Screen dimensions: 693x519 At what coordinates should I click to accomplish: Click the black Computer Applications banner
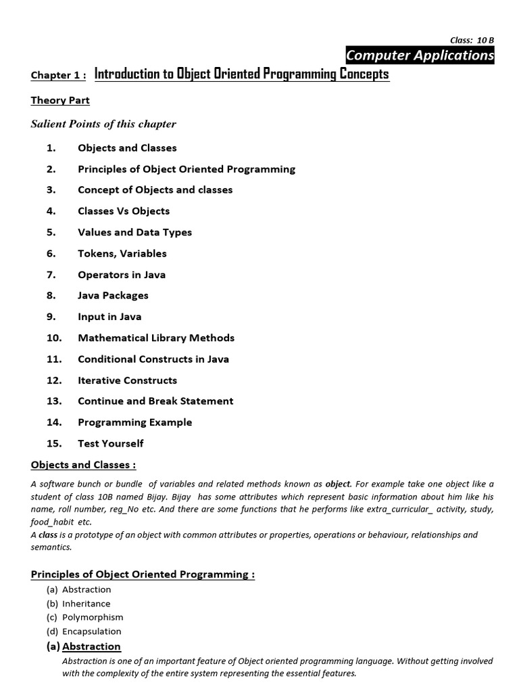point(420,55)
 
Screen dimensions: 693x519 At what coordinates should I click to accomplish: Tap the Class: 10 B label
point(472,40)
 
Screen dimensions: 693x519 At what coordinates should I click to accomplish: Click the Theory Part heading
point(60,100)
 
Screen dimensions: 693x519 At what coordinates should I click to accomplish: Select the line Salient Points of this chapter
point(103,124)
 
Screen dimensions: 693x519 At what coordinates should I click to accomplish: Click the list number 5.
point(51,232)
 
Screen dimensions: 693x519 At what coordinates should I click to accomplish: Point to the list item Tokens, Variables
point(122,253)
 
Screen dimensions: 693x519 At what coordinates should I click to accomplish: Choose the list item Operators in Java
point(122,275)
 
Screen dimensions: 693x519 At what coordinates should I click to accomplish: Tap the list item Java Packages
point(113,295)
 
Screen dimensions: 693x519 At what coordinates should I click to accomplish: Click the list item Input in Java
point(109,317)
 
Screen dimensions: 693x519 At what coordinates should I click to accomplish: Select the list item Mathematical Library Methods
point(156,338)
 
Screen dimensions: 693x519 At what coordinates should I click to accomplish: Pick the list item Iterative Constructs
point(127,380)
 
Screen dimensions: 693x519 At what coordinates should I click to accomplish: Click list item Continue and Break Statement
point(155,401)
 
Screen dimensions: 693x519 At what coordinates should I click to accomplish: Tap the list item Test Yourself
point(110,443)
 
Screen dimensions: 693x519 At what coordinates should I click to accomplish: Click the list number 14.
point(54,422)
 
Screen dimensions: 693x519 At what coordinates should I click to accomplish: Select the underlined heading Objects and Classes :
point(83,464)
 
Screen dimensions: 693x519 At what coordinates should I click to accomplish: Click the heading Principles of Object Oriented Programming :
point(143,575)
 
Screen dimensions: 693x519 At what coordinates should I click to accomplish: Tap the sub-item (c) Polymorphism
point(84,617)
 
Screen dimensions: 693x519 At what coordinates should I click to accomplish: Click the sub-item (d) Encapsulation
point(84,631)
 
